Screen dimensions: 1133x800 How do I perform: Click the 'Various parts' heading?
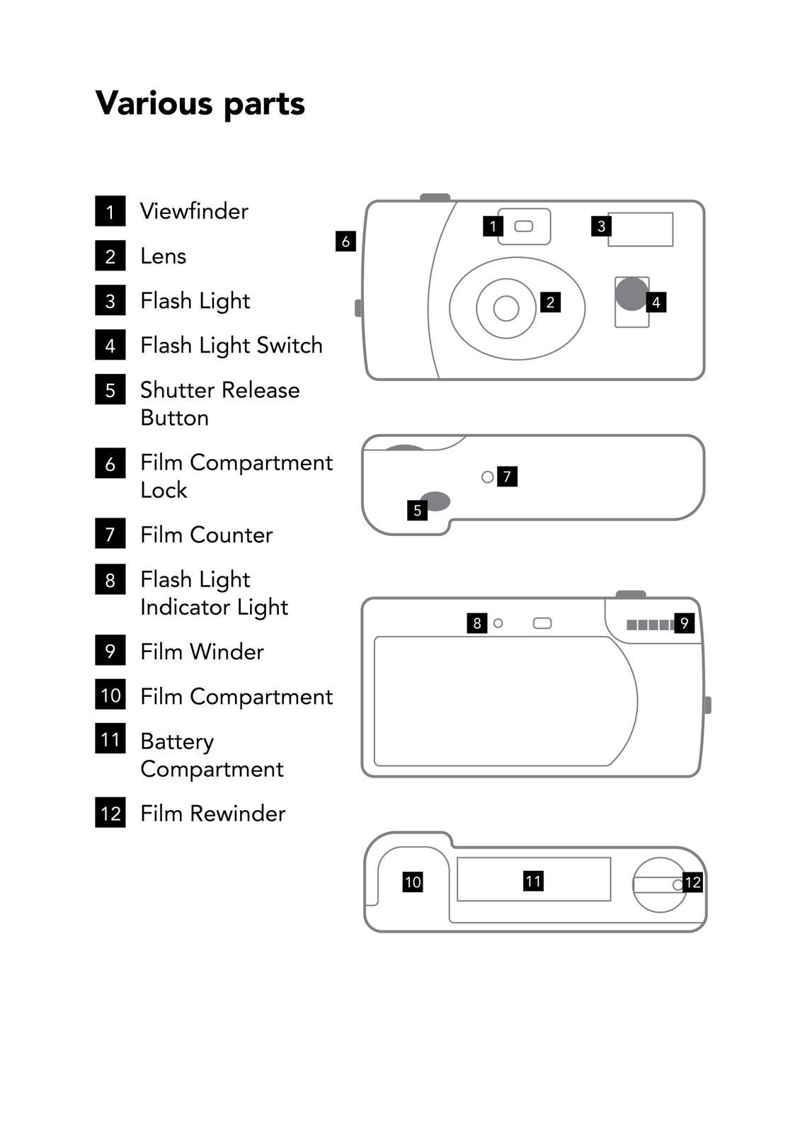point(200,104)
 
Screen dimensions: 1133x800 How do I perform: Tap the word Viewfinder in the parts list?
point(194,211)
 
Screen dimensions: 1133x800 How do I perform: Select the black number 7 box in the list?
point(110,534)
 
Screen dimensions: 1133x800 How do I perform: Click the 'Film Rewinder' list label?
point(212,814)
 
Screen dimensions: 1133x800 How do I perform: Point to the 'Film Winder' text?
point(202,651)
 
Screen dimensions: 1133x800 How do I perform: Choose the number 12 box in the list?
point(110,813)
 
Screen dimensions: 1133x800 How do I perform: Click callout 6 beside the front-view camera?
point(345,241)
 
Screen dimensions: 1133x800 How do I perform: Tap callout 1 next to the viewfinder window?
point(493,226)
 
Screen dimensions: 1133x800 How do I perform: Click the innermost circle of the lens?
point(505,308)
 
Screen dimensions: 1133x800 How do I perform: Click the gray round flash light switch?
point(631,294)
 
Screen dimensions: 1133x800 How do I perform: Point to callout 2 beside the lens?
point(550,302)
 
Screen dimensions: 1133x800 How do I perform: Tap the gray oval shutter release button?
point(435,501)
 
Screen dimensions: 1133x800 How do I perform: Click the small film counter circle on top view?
point(487,477)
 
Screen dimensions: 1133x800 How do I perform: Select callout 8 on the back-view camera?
point(477,623)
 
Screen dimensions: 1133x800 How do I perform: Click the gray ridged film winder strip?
point(650,625)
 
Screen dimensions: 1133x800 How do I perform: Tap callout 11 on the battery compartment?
point(533,881)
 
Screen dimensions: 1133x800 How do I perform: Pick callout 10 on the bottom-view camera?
point(413,882)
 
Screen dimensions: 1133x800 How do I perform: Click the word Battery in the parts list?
point(177,741)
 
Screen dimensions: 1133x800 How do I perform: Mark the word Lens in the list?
point(164,256)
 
